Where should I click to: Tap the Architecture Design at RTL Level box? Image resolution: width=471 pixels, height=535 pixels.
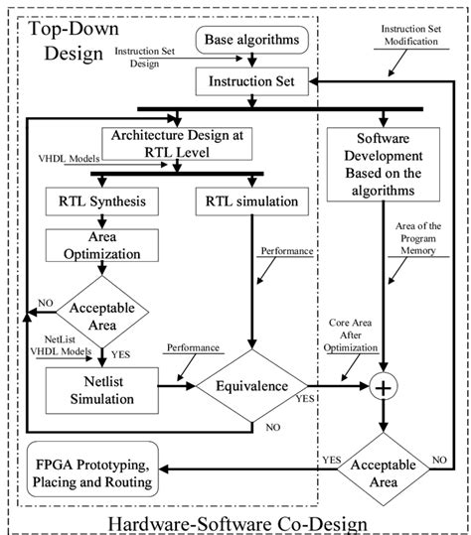click(178, 143)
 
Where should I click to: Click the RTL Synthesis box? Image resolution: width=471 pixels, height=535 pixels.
click(96, 201)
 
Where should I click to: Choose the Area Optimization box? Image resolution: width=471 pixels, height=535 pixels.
click(96, 248)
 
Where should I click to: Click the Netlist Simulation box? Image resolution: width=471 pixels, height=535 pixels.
click(96, 390)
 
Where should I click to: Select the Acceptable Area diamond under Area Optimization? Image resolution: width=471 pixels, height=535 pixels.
click(96, 315)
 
